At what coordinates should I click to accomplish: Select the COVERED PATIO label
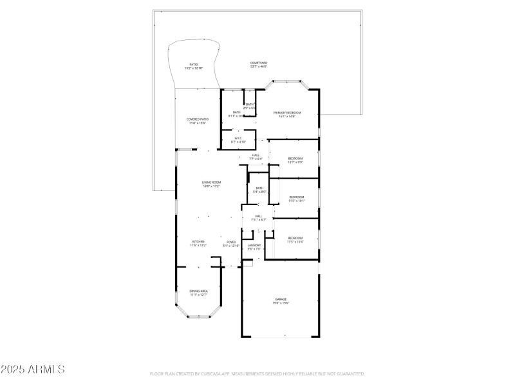point(198,121)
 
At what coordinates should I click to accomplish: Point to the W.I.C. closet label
point(238,139)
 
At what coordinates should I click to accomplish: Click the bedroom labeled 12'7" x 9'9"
point(295,160)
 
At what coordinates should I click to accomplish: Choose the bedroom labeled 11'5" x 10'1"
point(296,199)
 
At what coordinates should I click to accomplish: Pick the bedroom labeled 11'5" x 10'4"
point(295,240)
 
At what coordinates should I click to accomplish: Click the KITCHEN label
point(197,243)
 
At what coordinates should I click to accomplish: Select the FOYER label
point(230,243)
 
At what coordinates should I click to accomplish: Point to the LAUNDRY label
point(254,246)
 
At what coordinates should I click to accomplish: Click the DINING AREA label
point(198,293)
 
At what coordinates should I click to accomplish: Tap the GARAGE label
point(281,301)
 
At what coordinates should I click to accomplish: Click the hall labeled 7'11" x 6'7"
point(258,217)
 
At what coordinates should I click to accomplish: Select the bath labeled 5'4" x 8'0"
point(259,190)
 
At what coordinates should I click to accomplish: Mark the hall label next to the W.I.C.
point(256,156)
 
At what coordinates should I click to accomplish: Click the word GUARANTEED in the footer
point(350,373)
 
